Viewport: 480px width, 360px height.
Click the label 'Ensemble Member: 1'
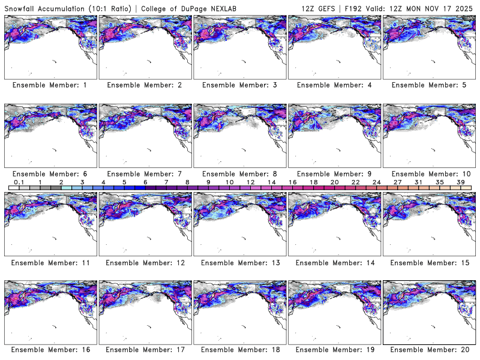pos(50,85)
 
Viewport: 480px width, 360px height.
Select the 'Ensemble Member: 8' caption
pos(239,173)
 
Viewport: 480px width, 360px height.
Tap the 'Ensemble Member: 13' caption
pos(239,262)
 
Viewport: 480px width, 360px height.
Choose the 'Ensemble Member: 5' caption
pos(428,85)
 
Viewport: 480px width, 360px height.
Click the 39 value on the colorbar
pos(461,182)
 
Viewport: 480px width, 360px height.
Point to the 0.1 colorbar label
pos(19,182)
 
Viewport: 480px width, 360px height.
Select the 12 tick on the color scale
pos(250,182)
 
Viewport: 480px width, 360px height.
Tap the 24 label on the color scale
pos(376,182)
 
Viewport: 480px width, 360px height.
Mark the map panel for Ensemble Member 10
pos(428,136)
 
